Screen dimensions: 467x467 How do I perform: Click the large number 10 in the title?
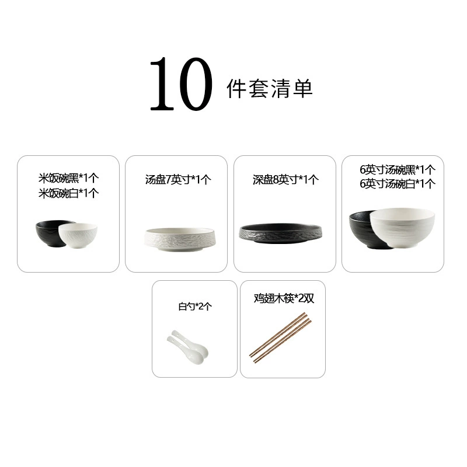[x=181, y=84]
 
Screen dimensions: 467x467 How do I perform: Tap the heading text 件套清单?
[x=270, y=89]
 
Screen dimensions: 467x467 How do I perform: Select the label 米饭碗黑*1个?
[x=68, y=178]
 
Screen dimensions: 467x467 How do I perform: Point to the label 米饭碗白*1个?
[x=68, y=193]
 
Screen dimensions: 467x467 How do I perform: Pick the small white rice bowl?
[x=78, y=236]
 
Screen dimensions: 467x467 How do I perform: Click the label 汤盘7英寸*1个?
[x=178, y=180]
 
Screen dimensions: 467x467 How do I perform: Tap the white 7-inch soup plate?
[x=181, y=240]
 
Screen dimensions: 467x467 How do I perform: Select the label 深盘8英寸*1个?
[x=285, y=180]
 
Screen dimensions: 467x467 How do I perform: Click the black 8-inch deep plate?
[x=281, y=233]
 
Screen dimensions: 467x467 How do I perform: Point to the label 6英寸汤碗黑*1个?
[x=398, y=170]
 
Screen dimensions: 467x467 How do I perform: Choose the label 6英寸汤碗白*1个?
[x=398, y=184]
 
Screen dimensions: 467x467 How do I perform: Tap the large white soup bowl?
[x=402, y=227]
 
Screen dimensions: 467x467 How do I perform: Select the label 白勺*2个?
[x=195, y=306]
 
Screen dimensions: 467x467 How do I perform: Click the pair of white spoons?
[x=188, y=347]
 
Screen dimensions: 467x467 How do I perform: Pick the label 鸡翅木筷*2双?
[x=284, y=298]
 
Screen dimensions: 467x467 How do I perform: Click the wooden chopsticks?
[x=280, y=338]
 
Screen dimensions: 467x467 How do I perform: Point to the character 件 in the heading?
[x=236, y=89]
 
